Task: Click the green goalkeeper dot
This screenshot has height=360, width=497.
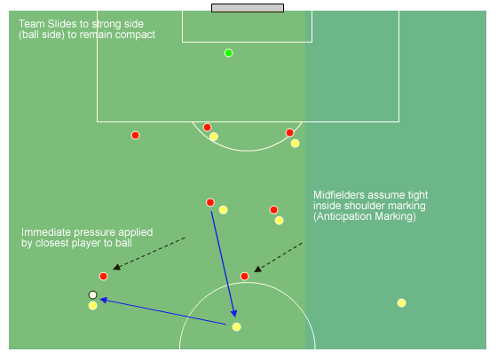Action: pos(229,53)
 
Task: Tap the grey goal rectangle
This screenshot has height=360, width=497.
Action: pos(248,8)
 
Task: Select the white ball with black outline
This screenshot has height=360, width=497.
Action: pos(92,295)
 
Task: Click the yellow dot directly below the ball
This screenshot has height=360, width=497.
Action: pos(92,306)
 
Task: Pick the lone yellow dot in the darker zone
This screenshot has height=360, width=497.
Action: pos(401,303)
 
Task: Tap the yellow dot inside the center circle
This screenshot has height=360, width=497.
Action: pos(236,327)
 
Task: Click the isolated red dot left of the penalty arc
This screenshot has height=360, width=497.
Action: pos(135,136)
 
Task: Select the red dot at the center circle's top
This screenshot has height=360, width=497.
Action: pos(244,277)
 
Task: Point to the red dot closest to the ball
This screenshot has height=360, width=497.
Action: pos(103,277)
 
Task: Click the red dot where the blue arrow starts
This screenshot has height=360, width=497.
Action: pos(210,202)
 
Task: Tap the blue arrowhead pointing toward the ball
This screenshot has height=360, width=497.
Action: pos(104,300)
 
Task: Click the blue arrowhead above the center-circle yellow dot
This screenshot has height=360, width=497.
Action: pos(234,313)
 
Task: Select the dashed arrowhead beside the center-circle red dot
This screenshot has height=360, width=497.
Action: pos(257,270)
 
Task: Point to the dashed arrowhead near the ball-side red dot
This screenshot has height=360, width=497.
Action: pos(116,267)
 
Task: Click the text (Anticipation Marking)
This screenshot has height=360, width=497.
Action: pos(365,216)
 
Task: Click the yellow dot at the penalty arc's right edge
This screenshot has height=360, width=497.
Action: pos(295,144)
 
